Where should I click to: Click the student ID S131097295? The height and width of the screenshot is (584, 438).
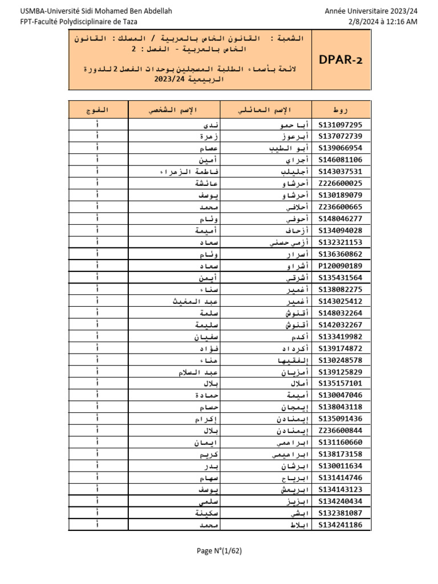pyautogui.click(x=340, y=125)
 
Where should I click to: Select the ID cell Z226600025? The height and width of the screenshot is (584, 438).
pyautogui.click(x=340, y=184)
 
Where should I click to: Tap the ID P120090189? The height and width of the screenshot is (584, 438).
pyautogui.click(x=340, y=266)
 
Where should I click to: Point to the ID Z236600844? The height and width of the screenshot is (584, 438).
pyautogui.click(x=340, y=431)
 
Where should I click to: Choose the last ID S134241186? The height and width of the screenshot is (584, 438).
pyautogui.click(x=340, y=525)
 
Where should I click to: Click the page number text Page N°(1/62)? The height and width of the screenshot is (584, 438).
pyautogui.click(x=220, y=551)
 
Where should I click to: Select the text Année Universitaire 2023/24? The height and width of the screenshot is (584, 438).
pyautogui.click(x=371, y=11)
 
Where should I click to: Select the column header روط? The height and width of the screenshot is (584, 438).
pyautogui.click(x=341, y=109)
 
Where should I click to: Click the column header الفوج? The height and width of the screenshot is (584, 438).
pyautogui.click(x=98, y=109)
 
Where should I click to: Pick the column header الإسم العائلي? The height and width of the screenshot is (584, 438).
pyautogui.click(x=266, y=109)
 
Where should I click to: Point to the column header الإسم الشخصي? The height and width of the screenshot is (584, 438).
pyautogui.click(x=174, y=109)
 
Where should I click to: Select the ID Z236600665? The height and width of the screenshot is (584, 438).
pyautogui.click(x=340, y=207)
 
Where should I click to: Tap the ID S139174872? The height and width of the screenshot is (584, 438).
pyautogui.click(x=340, y=348)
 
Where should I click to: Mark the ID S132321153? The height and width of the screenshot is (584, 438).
pyautogui.click(x=340, y=242)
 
